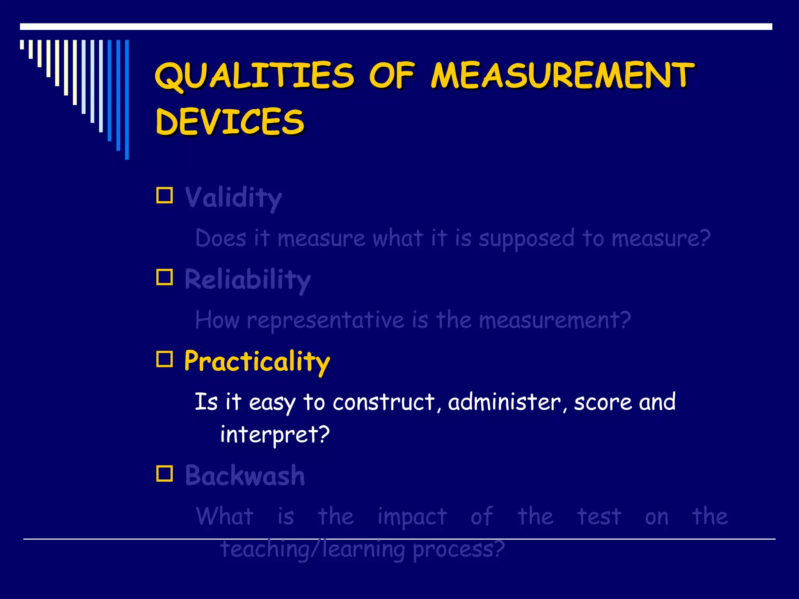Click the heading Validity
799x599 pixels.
(x=233, y=198)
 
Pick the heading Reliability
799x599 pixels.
(x=247, y=280)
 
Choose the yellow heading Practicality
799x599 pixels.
(x=257, y=361)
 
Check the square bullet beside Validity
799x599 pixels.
(x=165, y=195)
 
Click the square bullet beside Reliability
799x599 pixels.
(x=165, y=277)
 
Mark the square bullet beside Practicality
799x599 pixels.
(x=165, y=359)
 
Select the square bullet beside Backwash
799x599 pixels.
(x=165, y=473)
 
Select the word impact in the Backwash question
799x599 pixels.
(x=412, y=517)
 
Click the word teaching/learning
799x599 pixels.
(x=312, y=549)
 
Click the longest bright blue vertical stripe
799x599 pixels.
(x=127, y=99)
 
